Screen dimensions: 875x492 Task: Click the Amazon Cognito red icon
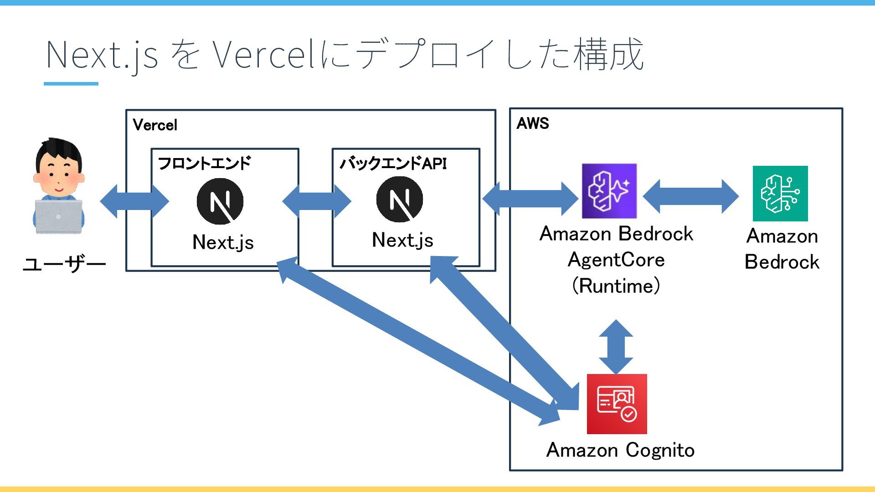click(x=617, y=404)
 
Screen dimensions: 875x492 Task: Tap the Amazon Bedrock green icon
click(x=780, y=194)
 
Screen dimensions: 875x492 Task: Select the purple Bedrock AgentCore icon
click(x=609, y=191)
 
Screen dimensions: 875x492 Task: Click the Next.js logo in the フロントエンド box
click(x=220, y=201)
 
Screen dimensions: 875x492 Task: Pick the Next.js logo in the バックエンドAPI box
click(x=400, y=199)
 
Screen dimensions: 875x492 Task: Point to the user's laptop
click(x=59, y=217)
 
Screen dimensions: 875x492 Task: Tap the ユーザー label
click(x=64, y=264)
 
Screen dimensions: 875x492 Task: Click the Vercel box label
click(x=155, y=125)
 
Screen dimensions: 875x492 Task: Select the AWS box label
click(x=533, y=123)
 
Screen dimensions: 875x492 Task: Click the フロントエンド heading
click(x=204, y=163)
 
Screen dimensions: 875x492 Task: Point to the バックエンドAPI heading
click(x=393, y=163)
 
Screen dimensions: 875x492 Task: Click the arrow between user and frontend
click(x=134, y=201)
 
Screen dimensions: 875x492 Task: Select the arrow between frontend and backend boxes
click(x=317, y=201)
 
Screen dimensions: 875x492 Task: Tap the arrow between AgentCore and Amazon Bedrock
click(x=691, y=196)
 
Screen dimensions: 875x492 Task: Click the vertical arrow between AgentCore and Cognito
click(x=616, y=347)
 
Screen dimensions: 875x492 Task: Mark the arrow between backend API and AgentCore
click(x=530, y=198)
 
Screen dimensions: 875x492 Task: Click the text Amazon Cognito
click(x=620, y=450)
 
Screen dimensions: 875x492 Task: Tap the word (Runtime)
click(x=616, y=286)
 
